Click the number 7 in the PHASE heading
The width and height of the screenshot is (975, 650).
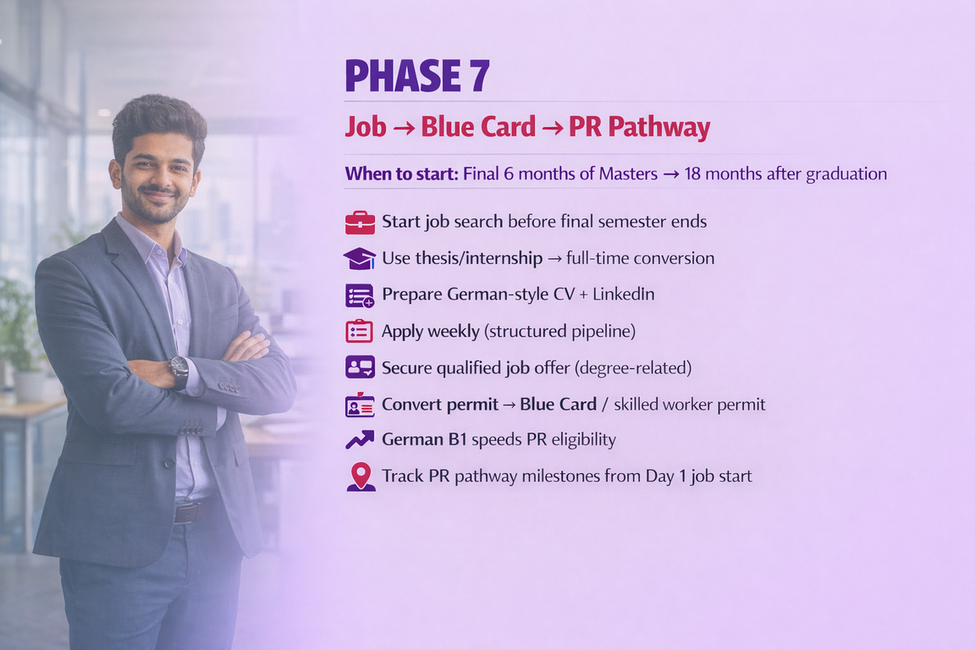(479, 76)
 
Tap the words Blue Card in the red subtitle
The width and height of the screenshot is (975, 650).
(477, 127)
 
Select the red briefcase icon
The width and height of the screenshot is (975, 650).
(360, 223)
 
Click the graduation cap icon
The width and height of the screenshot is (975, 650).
(360, 258)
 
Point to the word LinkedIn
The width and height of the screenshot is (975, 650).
(623, 294)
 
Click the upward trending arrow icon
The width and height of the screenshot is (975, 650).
(360, 440)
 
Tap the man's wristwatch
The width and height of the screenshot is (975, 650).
(179, 372)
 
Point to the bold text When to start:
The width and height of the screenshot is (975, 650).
(402, 174)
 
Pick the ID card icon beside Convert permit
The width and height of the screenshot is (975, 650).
(360, 405)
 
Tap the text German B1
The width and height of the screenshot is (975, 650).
(424, 440)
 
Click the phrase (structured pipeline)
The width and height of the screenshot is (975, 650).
(559, 332)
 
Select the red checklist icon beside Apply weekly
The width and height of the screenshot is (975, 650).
(360, 331)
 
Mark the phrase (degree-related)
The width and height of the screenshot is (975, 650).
(633, 368)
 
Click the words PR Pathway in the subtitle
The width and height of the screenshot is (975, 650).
(639, 127)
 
